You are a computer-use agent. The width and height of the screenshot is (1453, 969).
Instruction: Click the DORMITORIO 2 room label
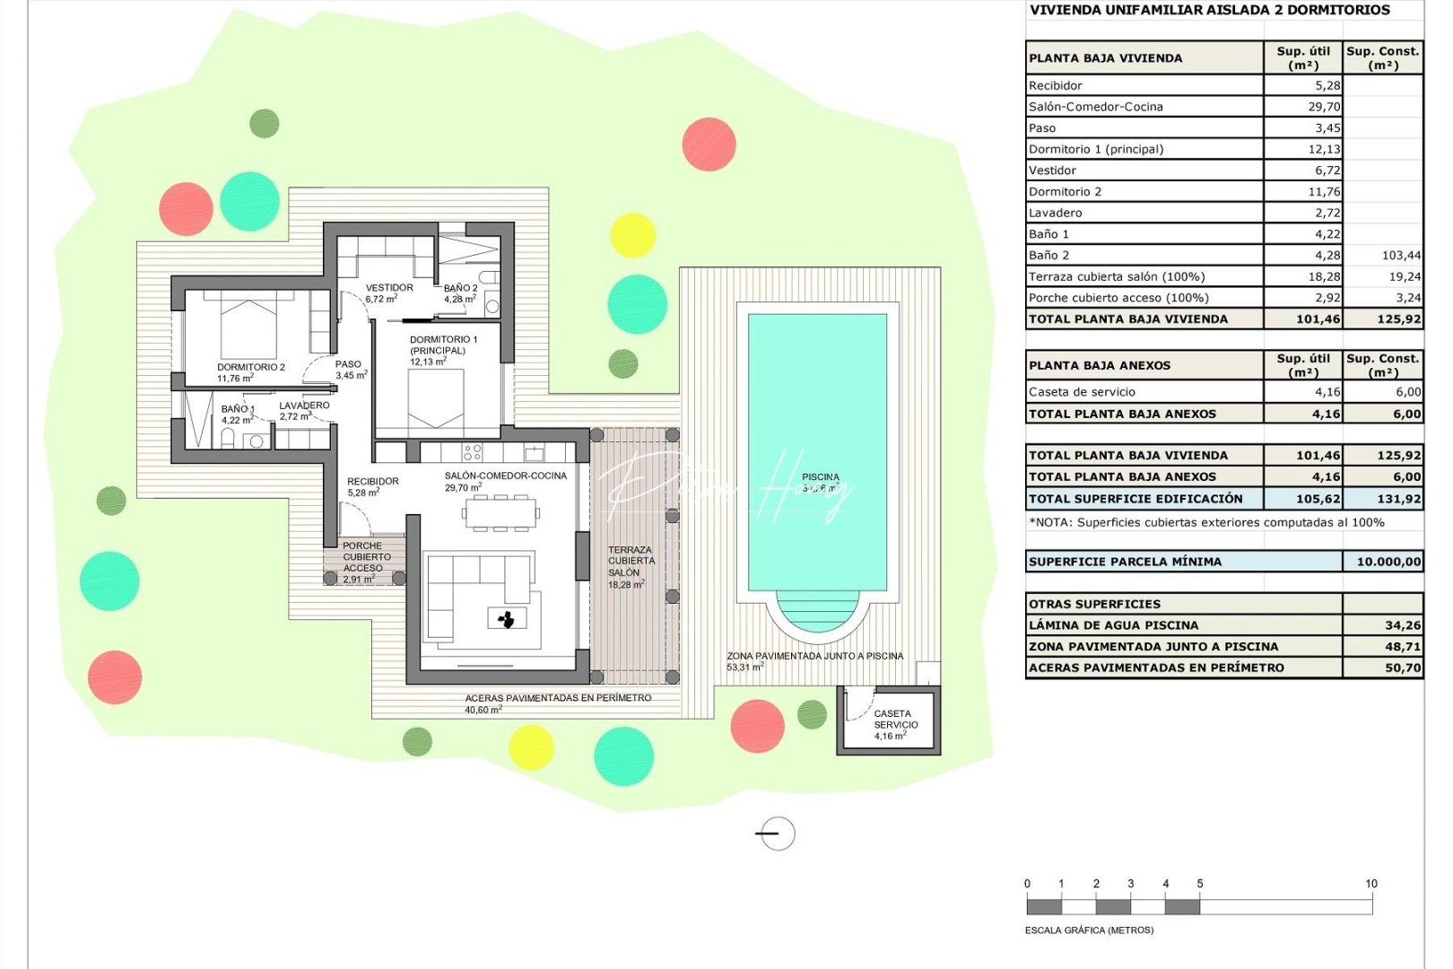point(250,367)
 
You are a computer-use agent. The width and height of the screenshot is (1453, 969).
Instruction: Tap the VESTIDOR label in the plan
point(389,288)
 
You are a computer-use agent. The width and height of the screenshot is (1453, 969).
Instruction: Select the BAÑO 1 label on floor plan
point(238,409)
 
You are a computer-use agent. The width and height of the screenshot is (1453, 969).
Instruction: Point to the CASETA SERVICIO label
point(895,720)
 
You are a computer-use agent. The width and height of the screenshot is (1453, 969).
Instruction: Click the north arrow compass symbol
point(776,834)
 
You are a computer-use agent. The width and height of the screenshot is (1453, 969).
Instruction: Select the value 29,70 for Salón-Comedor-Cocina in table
point(1324,107)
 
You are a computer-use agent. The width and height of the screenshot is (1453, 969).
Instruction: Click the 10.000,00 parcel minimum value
point(1388,562)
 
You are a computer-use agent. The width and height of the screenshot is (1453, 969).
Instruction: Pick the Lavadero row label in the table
point(1056,213)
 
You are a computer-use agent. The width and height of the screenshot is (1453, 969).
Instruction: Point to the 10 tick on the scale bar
point(1370,884)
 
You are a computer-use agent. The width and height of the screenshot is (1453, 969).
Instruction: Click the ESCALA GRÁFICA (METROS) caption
point(1089,930)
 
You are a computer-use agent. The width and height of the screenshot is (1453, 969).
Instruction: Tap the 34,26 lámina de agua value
point(1402,625)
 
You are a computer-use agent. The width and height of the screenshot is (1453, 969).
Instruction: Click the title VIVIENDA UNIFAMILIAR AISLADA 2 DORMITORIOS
point(1209,10)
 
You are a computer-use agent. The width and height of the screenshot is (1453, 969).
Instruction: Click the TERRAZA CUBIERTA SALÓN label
point(631,561)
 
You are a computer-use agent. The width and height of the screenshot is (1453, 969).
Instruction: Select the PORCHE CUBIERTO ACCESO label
point(362,556)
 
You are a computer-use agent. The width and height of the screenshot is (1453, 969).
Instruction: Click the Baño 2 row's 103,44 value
point(1401,256)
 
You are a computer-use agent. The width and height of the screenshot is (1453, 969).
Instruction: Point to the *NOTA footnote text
point(1206,522)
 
